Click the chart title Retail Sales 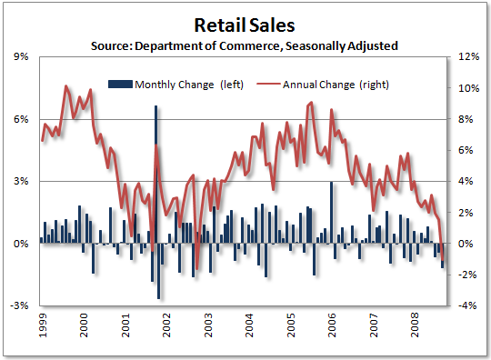pos(245,22)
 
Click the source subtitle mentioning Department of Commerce pos(245,45)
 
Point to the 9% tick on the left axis pos(19,56)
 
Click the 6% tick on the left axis pos(19,119)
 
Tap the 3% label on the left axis pos(19,181)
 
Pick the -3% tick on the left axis pos(19,305)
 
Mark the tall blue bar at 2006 pos(331,213)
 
